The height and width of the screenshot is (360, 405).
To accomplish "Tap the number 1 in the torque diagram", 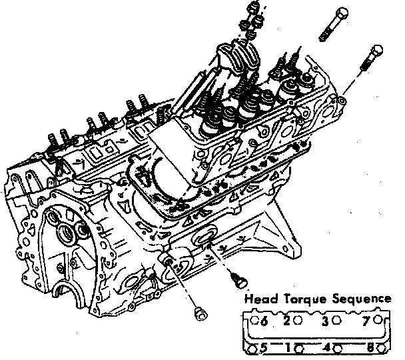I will [x=289, y=347].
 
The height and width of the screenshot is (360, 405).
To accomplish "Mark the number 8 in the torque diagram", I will [x=370, y=347].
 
